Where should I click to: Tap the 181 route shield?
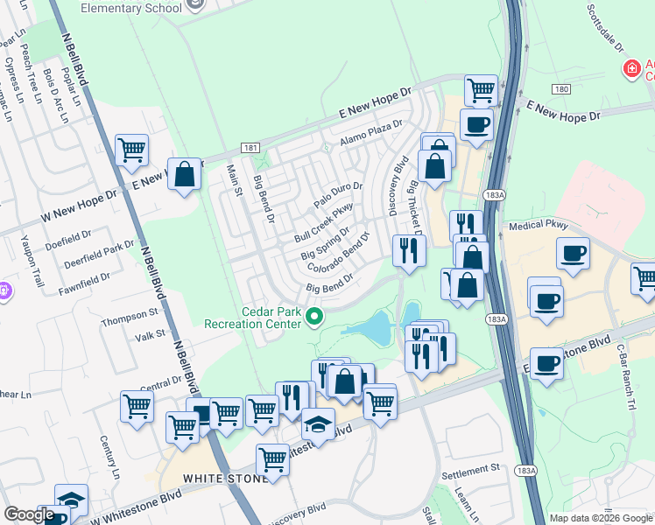(250, 149)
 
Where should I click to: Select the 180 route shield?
(561, 89)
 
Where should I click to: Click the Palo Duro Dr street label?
(338, 196)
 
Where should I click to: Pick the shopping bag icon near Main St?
(185, 174)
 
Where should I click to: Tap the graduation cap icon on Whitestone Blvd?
(318, 424)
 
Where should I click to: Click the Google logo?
(29, 514)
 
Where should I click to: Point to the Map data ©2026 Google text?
(601, 518)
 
